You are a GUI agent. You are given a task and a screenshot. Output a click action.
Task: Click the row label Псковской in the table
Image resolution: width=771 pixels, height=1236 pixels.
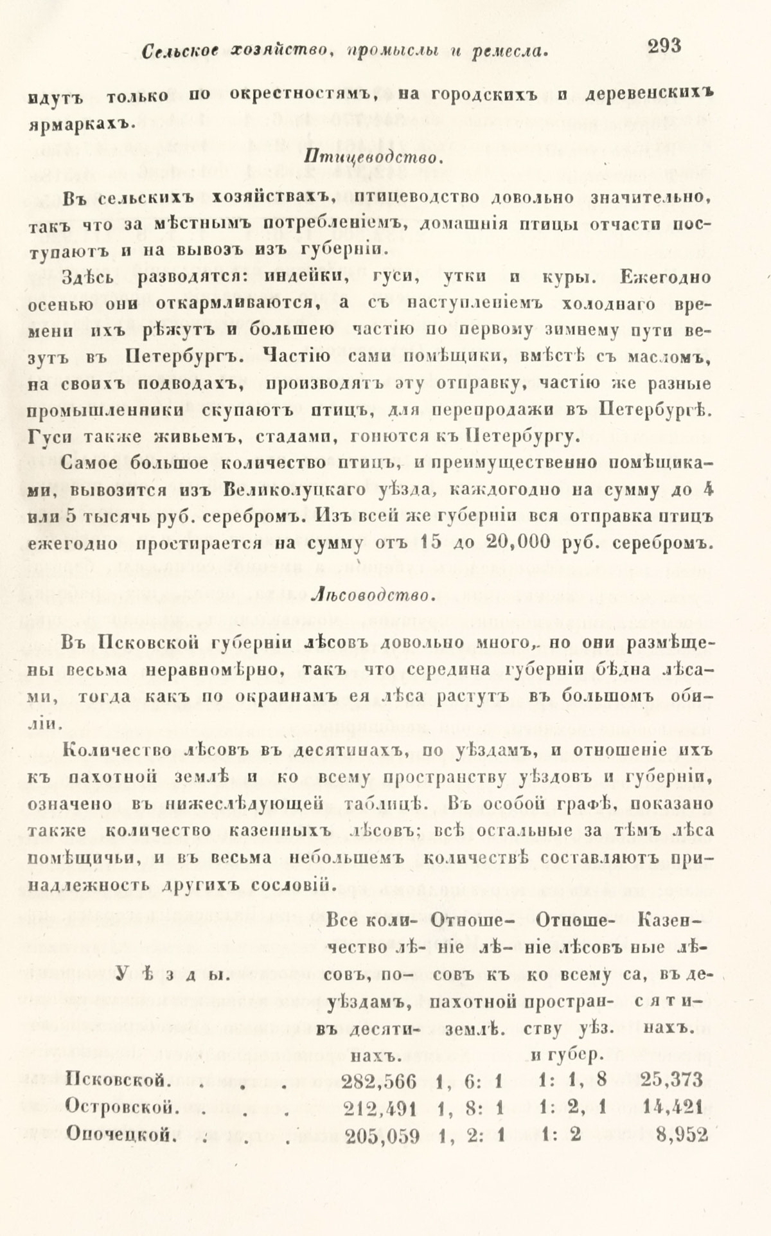pos(118,1080)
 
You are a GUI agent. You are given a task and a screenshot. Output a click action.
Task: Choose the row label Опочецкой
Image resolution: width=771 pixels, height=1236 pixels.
pos(121,1134)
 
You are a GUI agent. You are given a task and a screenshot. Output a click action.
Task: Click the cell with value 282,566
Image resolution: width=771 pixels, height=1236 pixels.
pos(380,1080)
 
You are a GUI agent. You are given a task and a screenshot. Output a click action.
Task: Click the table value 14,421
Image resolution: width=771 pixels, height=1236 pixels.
pos(674,1107)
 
